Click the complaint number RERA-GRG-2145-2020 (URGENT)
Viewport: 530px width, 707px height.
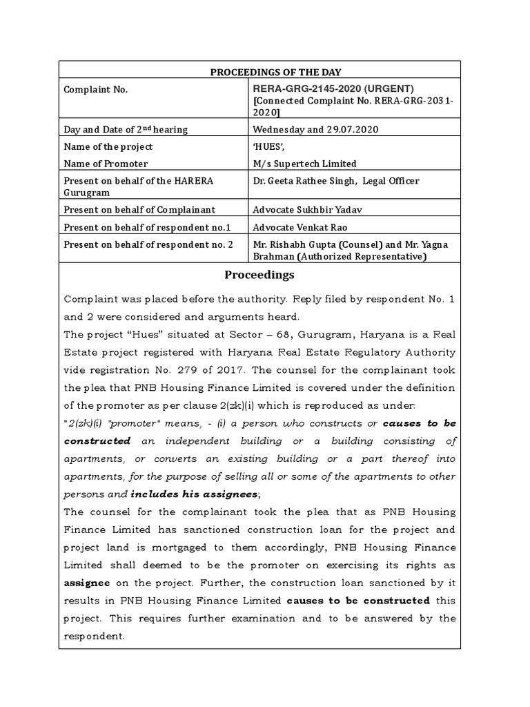coord(334,88)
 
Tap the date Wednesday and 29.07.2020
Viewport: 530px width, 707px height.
coord(316,129)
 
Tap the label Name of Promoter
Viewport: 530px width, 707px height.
coord(106,164)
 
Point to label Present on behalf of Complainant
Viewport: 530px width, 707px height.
coord(139,210)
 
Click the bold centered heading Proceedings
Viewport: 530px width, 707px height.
coord(259,275)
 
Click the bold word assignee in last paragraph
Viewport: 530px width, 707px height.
coord(87,582)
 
